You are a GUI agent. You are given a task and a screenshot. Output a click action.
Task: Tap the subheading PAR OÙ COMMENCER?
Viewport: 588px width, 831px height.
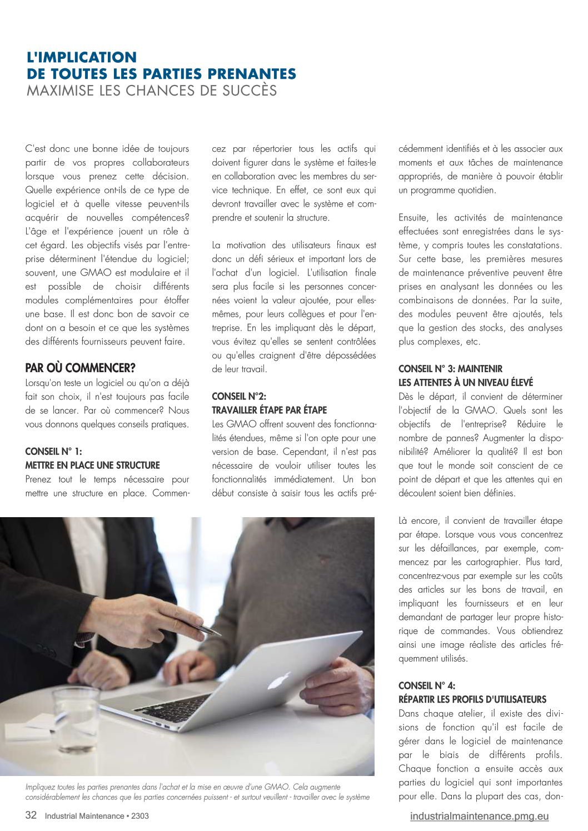coord(80,368)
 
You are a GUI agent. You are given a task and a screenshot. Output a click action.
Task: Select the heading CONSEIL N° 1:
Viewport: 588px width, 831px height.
coord(53,452)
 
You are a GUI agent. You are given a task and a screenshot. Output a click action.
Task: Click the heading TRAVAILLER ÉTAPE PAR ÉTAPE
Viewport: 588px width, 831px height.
coord(269,410)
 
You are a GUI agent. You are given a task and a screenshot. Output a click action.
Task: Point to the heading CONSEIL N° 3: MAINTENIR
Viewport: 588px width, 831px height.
coord(450,369)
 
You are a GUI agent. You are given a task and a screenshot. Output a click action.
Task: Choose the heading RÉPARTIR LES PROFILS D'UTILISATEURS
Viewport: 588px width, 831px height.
coord(472,699)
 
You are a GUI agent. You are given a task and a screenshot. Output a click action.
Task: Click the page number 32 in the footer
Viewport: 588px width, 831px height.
coord(31,815)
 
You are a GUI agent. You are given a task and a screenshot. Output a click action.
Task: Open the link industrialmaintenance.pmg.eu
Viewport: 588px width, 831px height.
coord(479,816)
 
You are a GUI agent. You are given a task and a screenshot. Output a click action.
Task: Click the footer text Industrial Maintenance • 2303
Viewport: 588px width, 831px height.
coord(97,816)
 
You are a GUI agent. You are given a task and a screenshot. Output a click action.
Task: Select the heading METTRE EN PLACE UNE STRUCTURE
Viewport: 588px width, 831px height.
coord(92,465)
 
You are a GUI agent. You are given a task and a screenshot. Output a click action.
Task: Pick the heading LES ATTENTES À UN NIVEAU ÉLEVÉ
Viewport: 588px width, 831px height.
coord(465,383)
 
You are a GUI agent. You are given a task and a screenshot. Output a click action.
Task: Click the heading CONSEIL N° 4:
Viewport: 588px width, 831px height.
coord(427,685)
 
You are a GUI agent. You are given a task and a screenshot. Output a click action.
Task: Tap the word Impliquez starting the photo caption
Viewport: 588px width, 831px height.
coord(42,787)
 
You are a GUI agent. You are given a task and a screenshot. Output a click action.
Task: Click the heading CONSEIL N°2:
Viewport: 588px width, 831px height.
coord(239,396)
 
